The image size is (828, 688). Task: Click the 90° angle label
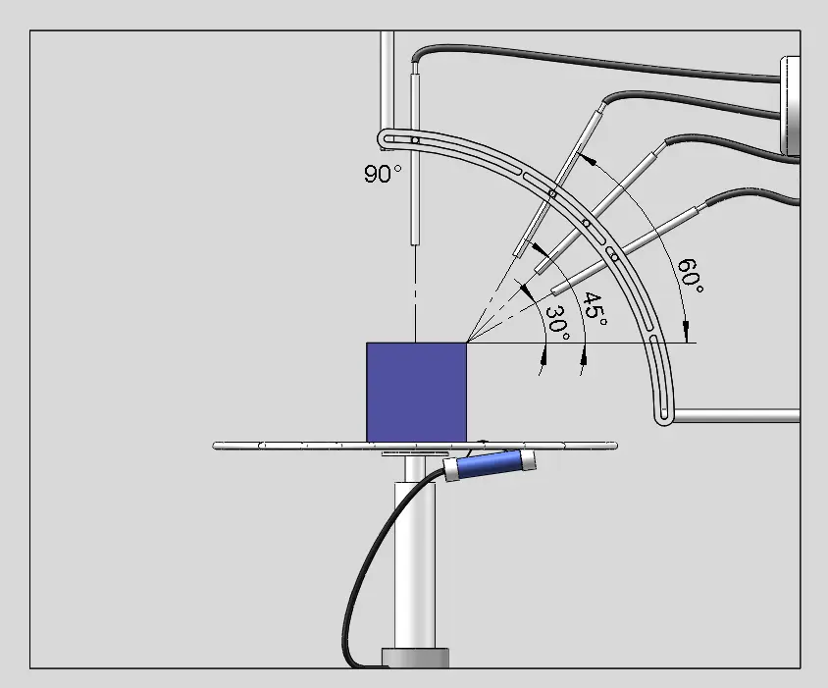click(x=383, y=175)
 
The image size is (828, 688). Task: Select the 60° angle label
click(x=691, y=275)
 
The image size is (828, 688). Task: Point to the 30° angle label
click(x=556, y=323)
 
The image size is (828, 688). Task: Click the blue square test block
click(x=416, y=392)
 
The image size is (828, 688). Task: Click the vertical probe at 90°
click(x=415, y=157)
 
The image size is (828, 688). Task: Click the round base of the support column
click(x=415, y=658)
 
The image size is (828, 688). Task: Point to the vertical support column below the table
click(x=413, y=559)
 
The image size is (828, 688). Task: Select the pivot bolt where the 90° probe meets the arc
click(x=415, y=141)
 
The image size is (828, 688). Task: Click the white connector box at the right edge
click(x=791, y=106)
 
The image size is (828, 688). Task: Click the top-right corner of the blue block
click(x=466, y=343)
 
